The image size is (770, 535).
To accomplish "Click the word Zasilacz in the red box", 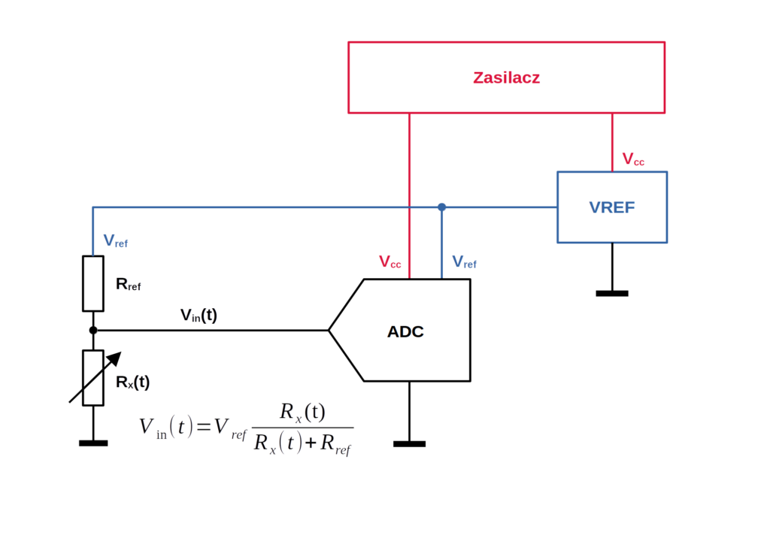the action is pyautogui.click(x=506, y=77).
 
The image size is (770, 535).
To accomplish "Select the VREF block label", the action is pyautogui.click(x=612, y=207).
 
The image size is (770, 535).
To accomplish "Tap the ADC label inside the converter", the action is pyautogui.click(x=405, y=332).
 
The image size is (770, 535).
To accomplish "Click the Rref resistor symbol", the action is pyautogui.click(x=92, y=284).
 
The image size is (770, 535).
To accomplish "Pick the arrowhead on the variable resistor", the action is pyautogui.click(x=114, y=358).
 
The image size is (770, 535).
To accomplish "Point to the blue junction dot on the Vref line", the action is pyautogui.click(x=442, y=207).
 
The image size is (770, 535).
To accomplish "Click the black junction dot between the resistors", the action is pyautogui.click(x=93, y=331).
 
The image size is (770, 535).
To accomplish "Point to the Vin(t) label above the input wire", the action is pyautogui.click(x=199, y=315).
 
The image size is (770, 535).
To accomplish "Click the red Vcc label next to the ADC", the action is pyautogui.click(x=390, y=261).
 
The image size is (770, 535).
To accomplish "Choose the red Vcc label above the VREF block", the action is pyautogui.click(x=633, y=159).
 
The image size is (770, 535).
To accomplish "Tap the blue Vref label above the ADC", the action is pyautogui.click(x=464, y=261).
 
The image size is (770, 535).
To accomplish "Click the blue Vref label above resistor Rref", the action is pyautogui.click(x=115, y=240).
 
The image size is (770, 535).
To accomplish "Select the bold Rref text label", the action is pyautogui.click(x=128, y=284).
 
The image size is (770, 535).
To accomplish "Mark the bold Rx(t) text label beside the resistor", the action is pyautogui.click(x=132, y=382).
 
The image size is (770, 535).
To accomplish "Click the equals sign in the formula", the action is pyautogui.click(x=203, y=427).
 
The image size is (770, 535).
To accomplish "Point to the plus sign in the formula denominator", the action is pyautogui.click(x=311, y=443).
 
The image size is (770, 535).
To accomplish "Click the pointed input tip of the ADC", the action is pyautogui.click(x=329, y=331).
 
